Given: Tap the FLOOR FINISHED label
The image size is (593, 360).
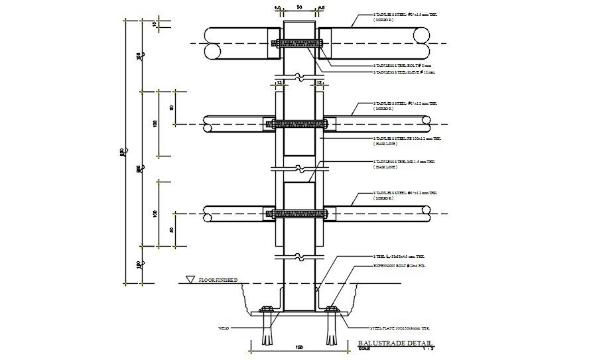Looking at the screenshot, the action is (219, 280).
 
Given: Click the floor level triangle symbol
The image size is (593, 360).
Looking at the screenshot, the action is (190, 280).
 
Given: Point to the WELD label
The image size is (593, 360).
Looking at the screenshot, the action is (224, 328).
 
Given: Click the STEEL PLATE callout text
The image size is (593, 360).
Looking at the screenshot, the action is (401, 328).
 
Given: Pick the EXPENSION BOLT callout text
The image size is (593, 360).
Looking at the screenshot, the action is (399, 266).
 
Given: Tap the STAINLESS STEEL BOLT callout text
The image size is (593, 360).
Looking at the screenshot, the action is (403, 66).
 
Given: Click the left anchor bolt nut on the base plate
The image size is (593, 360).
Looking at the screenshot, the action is (267, 309).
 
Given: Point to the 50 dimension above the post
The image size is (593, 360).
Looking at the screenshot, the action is (300, 7).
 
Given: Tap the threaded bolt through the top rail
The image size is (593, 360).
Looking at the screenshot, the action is (297, 44).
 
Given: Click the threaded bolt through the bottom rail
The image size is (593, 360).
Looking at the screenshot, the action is (299, 213).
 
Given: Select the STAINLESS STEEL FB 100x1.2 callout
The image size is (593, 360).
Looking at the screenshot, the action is (407, 139).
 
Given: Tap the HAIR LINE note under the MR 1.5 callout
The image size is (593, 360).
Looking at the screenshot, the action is (384, 168).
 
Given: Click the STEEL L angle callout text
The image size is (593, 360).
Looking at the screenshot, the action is (398, 256).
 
